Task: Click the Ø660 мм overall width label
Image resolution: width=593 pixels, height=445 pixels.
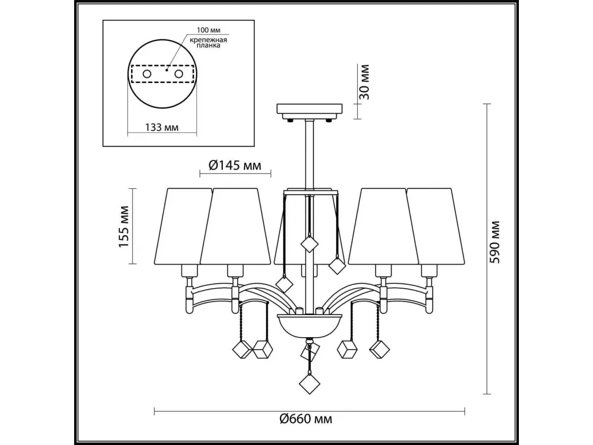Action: pos(306,427)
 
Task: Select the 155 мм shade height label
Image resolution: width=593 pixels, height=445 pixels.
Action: pos(124,226)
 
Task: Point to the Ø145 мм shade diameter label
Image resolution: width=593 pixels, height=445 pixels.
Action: pos(235,165)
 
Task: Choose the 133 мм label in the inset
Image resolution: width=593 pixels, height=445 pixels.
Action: pos(162,127)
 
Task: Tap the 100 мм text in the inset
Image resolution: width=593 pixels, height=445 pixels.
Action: pos(209,30)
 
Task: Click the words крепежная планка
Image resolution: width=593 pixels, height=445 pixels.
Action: pos(208,43)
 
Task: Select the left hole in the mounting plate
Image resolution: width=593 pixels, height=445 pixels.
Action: pos(147,74)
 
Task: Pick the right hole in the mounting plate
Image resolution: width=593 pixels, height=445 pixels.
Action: pos(179,74)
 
